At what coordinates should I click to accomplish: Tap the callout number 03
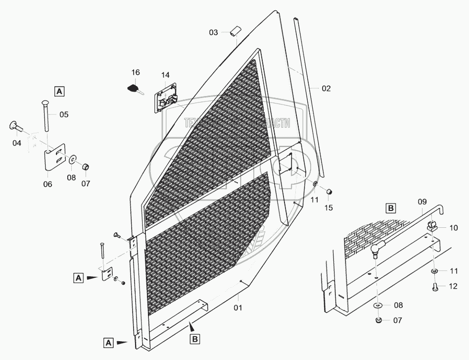tap(213, 33)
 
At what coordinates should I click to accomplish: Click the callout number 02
tap(326, 89)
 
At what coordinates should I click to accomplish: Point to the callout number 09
tap(422, 202)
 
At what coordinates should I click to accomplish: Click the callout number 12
tap(453, 286)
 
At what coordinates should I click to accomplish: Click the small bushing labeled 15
tap(328, 192)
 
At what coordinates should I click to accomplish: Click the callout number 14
tap(165, 75)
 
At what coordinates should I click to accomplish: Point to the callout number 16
tap(136, 72)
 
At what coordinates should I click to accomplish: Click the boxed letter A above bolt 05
tap(59, 91)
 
